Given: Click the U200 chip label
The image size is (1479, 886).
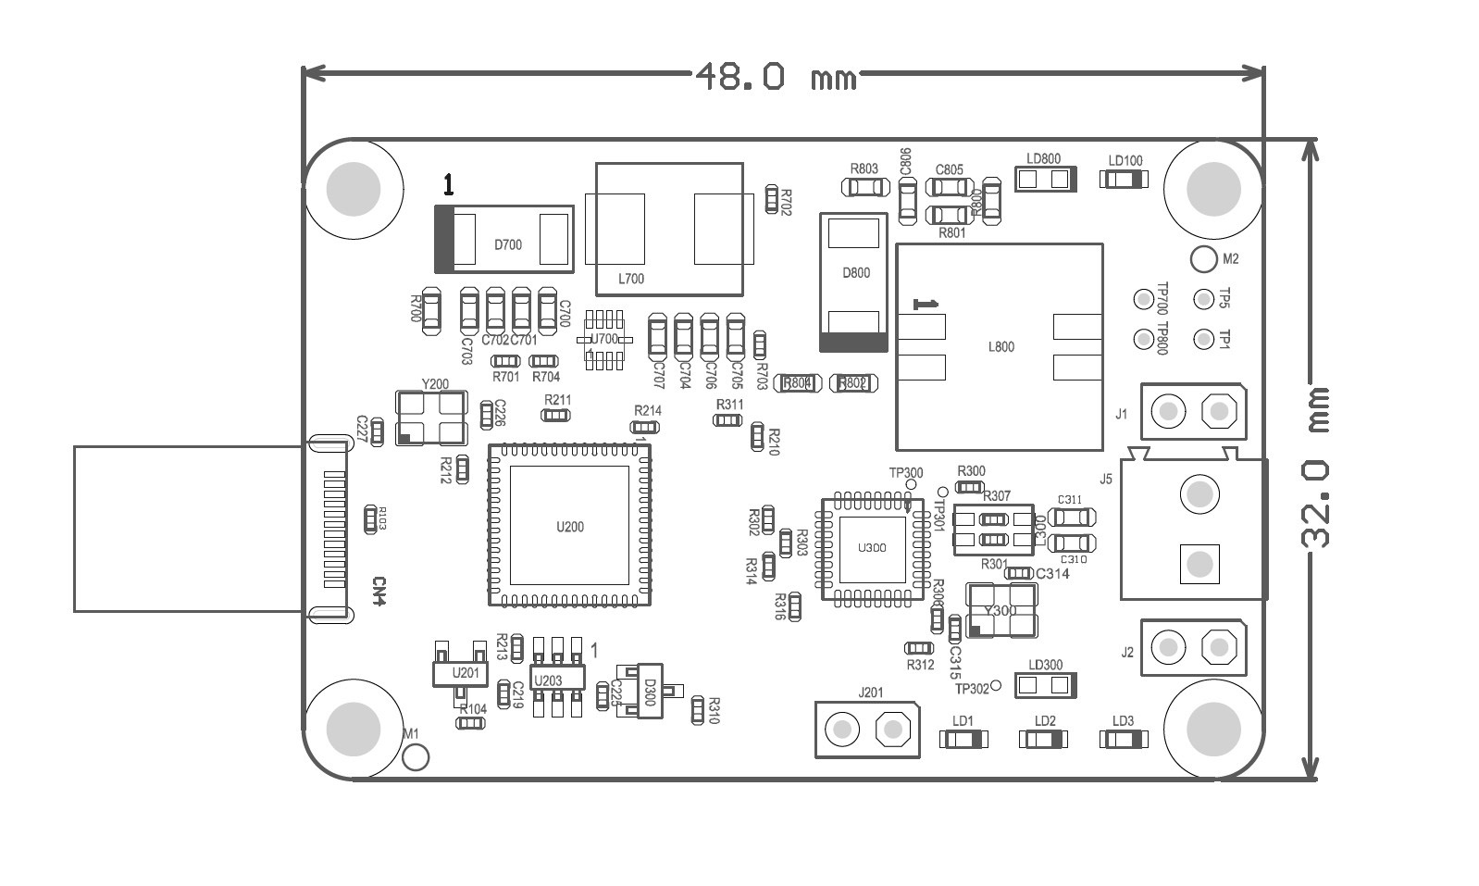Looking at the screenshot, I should pyautogui.click(x=569, y=527).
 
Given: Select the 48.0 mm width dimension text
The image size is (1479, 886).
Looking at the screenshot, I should pyautogui.click(x=777, y=77).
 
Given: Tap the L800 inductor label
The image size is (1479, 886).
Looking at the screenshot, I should pyautogui.click(x=1000, y=347).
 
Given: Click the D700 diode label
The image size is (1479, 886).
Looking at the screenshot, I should pyautogui.click(x=507, y=245).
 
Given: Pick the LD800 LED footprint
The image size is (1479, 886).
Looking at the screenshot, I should pyautogui.click(x=1047, y=179).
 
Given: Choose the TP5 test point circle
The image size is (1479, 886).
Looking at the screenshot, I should pyautogui.click(x=1203, y=299).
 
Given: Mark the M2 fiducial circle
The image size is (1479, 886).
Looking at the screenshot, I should pyautogui.click(x=1203, y=260).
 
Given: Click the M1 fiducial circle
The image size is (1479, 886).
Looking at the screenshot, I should pyautogui.click(x=416, y=757).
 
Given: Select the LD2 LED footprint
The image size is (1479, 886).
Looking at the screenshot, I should pyautogui.click(x=1044, y=739).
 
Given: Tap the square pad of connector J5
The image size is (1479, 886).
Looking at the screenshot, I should pyautogui.click(x=1199, y=563).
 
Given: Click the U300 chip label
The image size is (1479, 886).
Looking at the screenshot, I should pyautogui.click(x=871, y=547).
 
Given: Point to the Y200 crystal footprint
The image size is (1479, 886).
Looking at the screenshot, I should pyautogui.click(x=429, y=418).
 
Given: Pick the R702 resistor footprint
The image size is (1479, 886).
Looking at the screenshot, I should pyautogui.click(x=772, y=199).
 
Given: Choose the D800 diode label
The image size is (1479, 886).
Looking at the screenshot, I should pyautogui.click(x=855, y=273).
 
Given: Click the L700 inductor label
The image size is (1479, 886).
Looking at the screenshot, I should pyautogui.click(x=630, y=279).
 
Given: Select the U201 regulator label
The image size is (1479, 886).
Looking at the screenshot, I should pyautogui.click(x=465, y=673).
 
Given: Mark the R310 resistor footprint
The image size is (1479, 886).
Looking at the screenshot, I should pyautogui.click(x=699, y=710).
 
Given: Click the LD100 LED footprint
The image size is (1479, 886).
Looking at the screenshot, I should pyautogui.click(x=1124, y=180).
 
